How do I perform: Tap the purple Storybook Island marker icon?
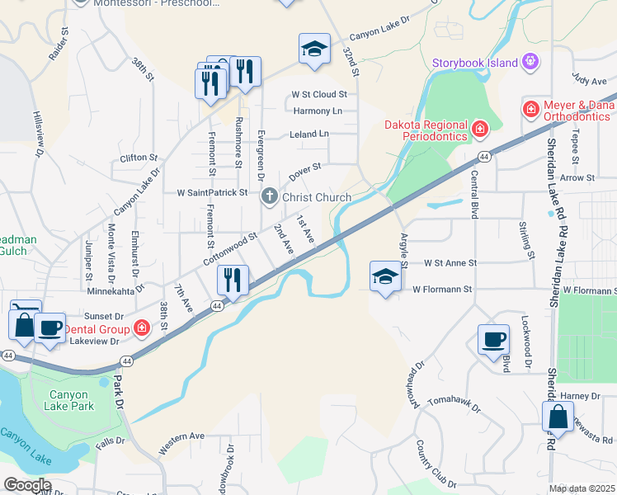coord(530,62)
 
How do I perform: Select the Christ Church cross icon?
coord(269,197)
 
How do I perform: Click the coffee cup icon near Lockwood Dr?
coord(493,339)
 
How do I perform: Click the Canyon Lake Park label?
coord(71,400)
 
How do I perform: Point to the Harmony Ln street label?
coord(317,111)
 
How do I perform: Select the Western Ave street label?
coord(181,443)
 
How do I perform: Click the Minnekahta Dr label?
coord(115,290)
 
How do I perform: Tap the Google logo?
coord(27,485)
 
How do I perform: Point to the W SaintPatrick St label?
coord(212,193)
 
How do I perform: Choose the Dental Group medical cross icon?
coord(142,328)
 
